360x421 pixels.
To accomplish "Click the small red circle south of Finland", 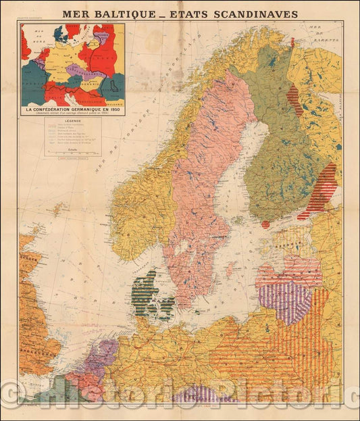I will click(265, 224).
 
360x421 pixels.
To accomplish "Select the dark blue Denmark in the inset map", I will click(59, 33).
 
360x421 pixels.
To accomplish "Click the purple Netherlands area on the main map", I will click(94, 357).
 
